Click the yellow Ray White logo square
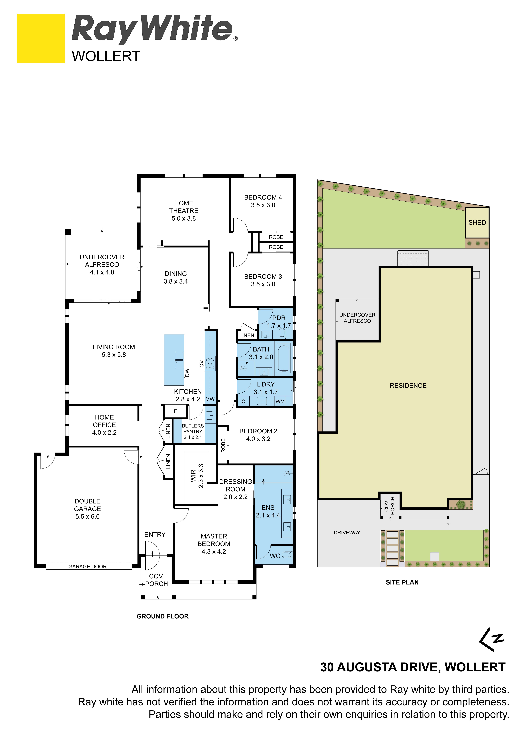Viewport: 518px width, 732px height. tap(41, 38)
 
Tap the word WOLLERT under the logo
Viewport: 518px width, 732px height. tap(106, 56)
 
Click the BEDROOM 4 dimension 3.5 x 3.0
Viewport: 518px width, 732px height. tap(263, 205)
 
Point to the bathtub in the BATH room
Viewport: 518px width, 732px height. tap(283, 358)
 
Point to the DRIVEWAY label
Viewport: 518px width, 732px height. tap(347, 532)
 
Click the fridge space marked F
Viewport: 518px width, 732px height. tap(175, 411)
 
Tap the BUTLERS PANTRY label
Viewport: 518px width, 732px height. tap(193, 429)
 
